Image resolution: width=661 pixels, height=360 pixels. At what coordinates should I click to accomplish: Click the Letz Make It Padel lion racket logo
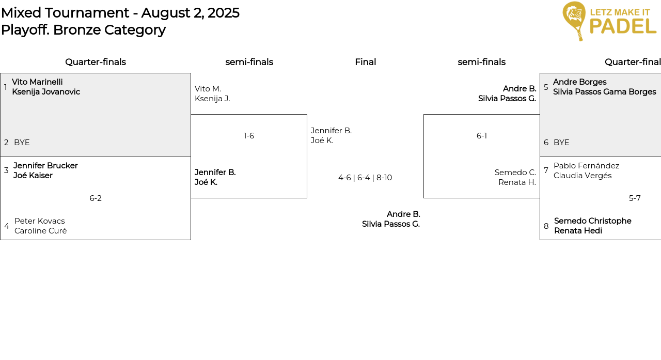(x=574, y=21)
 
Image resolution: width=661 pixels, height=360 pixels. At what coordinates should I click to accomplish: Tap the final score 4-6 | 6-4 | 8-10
(x=365, y=178)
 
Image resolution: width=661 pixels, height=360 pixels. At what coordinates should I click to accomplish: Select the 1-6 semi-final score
(x=249, y=136)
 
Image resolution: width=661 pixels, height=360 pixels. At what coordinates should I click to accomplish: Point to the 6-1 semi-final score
(x=482, y=136)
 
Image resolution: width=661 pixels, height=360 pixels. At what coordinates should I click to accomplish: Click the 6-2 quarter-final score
(x=96, y=198)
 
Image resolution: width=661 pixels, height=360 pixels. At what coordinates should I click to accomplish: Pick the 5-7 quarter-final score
(x=635, y=198)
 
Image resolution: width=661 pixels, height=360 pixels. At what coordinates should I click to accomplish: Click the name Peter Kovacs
(x=40, y=221)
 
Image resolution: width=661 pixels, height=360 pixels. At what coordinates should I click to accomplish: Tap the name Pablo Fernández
(x=586, y=166)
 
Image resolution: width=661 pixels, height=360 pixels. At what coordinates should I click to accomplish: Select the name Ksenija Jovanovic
(x=46, y=92)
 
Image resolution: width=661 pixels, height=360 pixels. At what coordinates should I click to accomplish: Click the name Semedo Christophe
(x=593, y=221)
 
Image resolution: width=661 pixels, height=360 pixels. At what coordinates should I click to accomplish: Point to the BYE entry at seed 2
(x=22, y=143)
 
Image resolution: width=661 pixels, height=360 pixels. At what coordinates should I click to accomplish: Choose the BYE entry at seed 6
(x=561, y=143)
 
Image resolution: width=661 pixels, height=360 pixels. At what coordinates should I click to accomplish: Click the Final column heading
(x=365, y=62)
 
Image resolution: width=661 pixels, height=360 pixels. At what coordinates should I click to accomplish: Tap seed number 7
(x=546, y=170)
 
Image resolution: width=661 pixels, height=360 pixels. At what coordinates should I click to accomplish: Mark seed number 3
(x=6, y=170)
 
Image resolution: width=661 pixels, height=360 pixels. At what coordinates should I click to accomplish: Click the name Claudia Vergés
(x=583, y=176)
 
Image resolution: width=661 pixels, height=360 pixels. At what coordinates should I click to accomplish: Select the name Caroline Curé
(x=40, y=231)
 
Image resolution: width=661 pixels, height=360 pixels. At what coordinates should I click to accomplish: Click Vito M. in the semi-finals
(x=208, y=89)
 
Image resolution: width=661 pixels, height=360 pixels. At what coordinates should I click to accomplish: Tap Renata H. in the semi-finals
(x=517, y=182)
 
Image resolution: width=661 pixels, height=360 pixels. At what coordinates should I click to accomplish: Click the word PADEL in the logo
(x=623, y=26)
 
